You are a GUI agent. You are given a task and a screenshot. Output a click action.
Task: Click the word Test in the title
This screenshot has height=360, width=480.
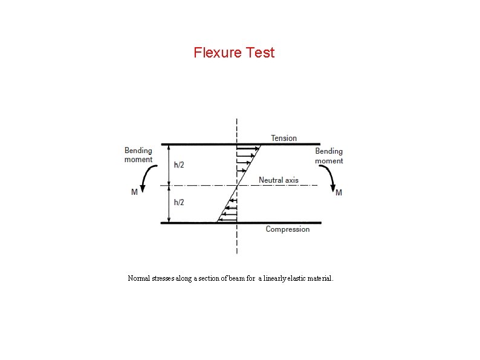[x=261, y=53]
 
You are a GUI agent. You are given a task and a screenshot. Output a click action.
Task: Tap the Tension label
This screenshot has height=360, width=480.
[x=284, y=138]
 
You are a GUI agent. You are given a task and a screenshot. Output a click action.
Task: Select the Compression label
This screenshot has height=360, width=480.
[x=287, y=229]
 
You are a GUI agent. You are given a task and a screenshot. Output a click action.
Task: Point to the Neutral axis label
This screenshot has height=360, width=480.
[x=278, y=180]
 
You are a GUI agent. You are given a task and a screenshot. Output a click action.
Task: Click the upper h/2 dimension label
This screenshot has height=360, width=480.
[x=180, y=165]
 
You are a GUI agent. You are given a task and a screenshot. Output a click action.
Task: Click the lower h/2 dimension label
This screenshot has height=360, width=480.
[x=180, y=202]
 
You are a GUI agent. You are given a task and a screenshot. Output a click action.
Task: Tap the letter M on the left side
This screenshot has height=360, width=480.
[x=134, y=192]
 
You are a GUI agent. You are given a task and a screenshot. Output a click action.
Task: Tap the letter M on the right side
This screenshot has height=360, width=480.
[x=339, y=192]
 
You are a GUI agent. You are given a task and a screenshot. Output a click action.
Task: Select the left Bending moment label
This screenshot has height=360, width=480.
[x=138, y=155]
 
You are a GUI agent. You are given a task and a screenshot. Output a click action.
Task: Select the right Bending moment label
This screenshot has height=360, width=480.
[x=329, y=155]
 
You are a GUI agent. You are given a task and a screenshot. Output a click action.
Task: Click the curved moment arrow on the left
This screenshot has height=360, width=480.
[x=145, y=177]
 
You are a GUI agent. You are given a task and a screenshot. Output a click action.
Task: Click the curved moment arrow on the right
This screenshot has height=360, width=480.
[x=330, y=177]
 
